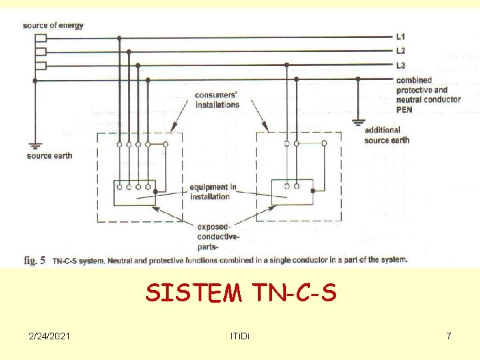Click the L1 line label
[400, 37]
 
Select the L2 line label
[400, 51]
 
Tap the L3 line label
[400, 65]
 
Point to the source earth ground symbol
[34, 145]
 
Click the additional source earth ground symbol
[359, 122]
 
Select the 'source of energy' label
[53, 25]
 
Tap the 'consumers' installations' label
[217, 100]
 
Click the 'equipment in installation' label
[213, 192]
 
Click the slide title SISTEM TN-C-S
[241, 292]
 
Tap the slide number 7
[449, 336]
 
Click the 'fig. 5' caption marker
[35, 260]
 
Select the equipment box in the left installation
[135, 193]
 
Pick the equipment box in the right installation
[292, 192]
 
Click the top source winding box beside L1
[41, 38]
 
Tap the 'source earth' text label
[49, 156]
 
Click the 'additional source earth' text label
[387, 135]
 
